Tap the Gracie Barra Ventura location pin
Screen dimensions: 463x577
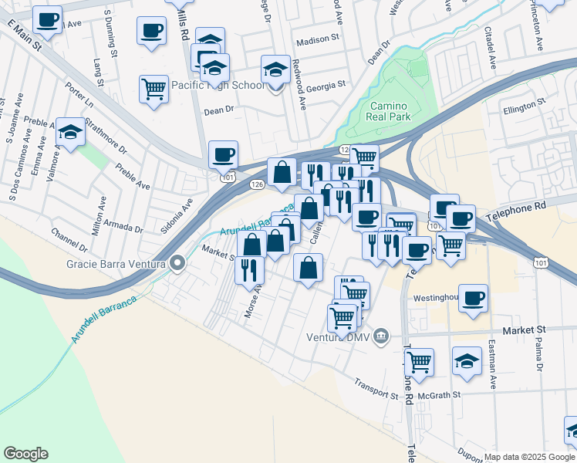[178, 265]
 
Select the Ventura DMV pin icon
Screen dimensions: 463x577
[381, 336]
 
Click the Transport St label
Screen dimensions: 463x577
[376, 390]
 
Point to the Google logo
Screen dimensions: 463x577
[25, 454]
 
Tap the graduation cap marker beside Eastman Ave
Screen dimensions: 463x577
[467, 360]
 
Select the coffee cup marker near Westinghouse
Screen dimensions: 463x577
[473, 297]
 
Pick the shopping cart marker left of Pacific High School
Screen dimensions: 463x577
[154, 88]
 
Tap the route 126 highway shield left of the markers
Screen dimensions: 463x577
[257, 184]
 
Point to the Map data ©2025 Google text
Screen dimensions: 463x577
[528, 457]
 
